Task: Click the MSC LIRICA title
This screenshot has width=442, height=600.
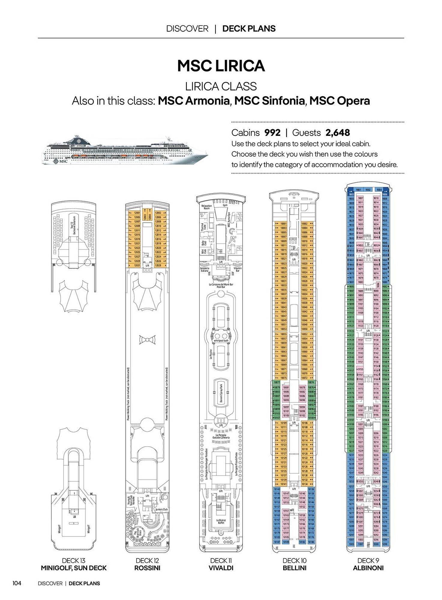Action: pos(221,66)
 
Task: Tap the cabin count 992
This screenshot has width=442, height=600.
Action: pos(272,133)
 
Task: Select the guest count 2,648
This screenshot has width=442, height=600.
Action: pos(338,133)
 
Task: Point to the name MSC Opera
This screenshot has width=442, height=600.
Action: pos(339,101)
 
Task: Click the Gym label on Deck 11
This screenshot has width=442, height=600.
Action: pos(225,205)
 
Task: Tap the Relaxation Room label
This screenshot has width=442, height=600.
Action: pos(207,207)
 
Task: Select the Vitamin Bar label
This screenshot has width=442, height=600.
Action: pos(238,269)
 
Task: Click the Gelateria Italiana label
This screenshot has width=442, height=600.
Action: pos(204,269)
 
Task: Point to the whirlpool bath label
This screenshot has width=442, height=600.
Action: pos(221,340)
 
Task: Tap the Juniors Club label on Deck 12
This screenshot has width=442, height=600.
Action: pos(161,509)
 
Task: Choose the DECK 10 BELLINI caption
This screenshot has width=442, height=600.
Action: pos(294,564)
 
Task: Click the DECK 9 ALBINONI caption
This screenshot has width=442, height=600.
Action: pos(368,564)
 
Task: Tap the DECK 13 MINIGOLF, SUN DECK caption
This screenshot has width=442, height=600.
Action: pos(74,564)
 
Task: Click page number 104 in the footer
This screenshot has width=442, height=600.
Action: pos(17,583)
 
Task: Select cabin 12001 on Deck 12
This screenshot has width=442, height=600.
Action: pos(137,213)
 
